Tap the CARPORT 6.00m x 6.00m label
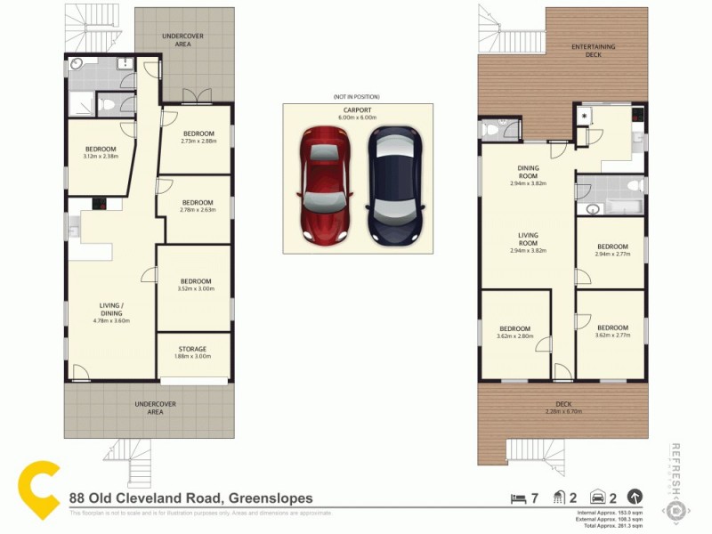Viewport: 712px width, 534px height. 358,114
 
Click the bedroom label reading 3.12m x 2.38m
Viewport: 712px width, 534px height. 101,152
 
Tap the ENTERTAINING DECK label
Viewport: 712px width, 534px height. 594,51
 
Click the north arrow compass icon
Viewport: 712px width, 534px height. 635,498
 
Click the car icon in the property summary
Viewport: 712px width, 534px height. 599,498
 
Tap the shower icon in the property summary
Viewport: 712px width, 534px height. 558,498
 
